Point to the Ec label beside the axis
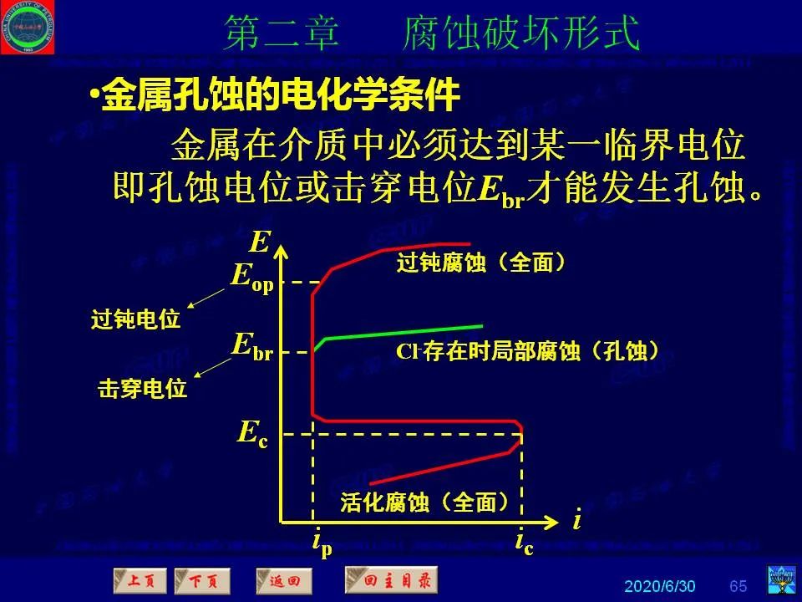pyautogui.click(x=252, y=433)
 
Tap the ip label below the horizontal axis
pyautogui.click(x=322, y=543)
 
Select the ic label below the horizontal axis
pyautogui.click(x=524, y=543)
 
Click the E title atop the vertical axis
pyautogui.click(x=260, y=242)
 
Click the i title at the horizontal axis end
pyautogui.click(x=576, y=521)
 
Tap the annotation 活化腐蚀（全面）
pyautogui.click(x=424, y=503)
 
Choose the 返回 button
pyautogui.click(x=283, y=580)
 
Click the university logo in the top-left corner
pyautogui.click(x=28, y=27)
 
